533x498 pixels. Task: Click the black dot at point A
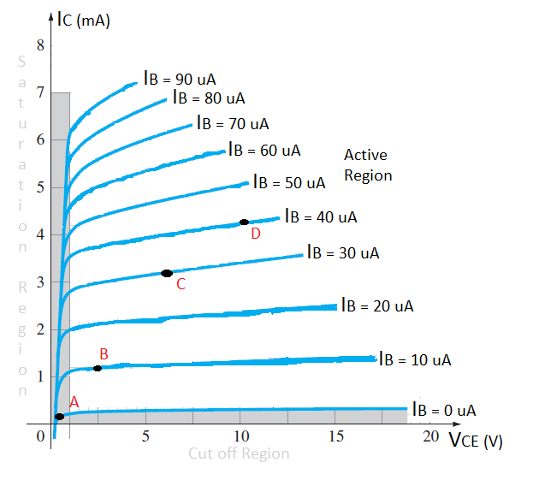(59, 417)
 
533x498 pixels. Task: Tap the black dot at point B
(98, 368)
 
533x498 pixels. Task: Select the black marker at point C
(167, 273)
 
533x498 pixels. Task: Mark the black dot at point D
(244, 222)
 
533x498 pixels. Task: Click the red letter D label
(255, 234)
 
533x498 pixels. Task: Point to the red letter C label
(181, 284)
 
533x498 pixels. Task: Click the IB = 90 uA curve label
(179, 79)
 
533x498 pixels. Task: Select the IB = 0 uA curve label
(444, 410)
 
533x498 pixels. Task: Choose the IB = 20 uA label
(377, 305)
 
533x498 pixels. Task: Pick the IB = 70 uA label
(233, 123)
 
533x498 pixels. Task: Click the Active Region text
(367, 165)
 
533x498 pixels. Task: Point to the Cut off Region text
(239, 453)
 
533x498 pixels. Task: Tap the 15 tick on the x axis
(335, 436)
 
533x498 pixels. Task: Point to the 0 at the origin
(40, 437)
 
